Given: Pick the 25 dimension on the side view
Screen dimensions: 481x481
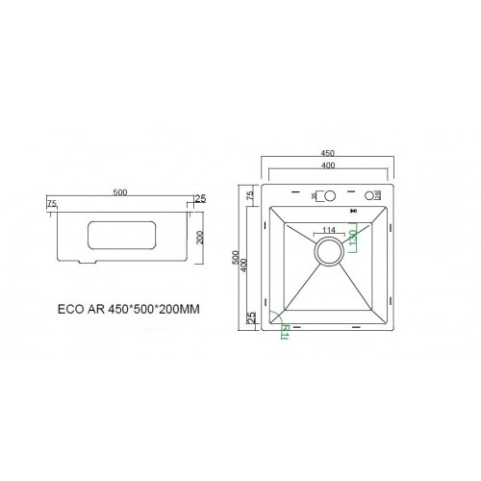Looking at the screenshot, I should click(200, 199).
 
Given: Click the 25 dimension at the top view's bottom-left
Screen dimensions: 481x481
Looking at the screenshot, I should click(250, 318).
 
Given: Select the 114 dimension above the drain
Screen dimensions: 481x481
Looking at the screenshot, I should click(329, 230).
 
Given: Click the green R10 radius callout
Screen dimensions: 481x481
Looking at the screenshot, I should click(286, 333).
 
